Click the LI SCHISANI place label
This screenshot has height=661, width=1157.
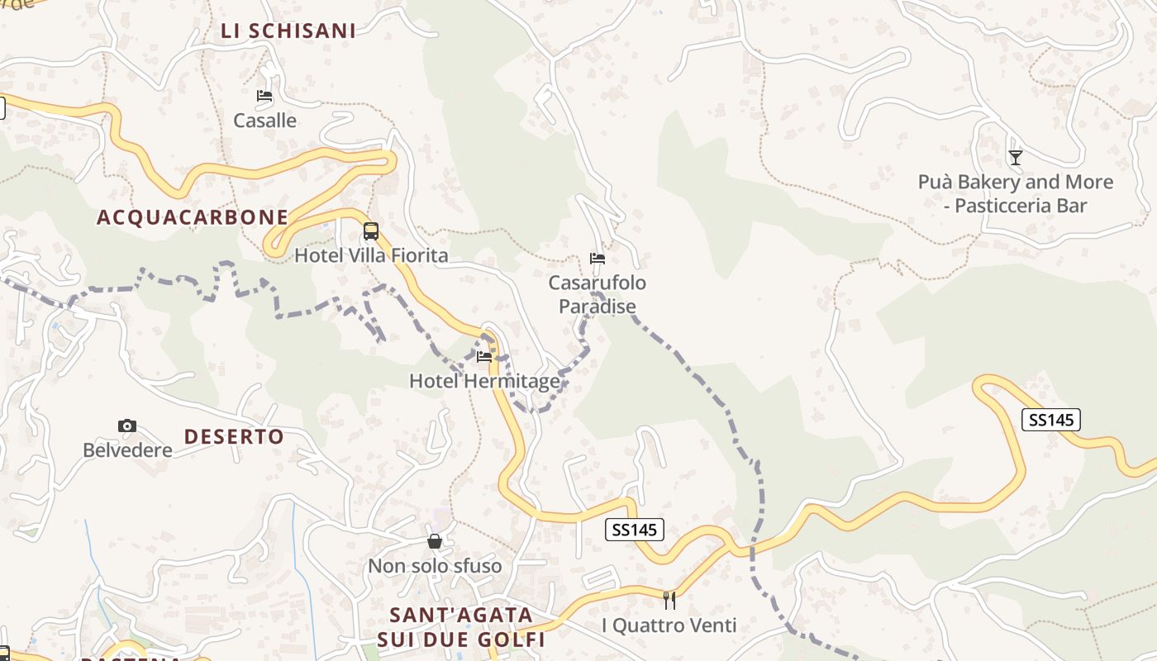point(288,31)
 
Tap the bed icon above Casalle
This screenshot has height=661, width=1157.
point(264,96)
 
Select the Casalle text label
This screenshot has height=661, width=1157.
point(264,121)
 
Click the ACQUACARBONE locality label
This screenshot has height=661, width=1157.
point(193,217)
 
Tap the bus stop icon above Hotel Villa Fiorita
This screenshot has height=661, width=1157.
point(371,231)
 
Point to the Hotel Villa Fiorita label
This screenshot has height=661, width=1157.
point(371,255)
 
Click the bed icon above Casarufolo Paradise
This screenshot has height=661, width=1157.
point(598,259)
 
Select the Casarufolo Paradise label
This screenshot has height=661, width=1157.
point(598,295)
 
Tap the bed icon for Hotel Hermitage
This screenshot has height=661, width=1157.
point(484,357)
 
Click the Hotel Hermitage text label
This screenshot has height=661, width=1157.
point(484,381)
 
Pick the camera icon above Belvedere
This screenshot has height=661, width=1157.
point(127,426)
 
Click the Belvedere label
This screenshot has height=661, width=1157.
point(127,450)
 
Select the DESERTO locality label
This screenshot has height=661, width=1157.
point(234,437)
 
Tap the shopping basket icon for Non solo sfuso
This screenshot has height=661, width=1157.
point(435,542)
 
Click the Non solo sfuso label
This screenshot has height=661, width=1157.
point(435,566)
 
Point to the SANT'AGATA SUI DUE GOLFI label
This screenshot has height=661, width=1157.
point(461,628)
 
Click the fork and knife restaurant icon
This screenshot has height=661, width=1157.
point(669,601)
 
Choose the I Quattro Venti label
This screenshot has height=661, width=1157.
point(669,625)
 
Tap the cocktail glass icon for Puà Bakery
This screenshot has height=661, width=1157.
point(1016,158)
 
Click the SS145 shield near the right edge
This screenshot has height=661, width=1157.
point(1050,420)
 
